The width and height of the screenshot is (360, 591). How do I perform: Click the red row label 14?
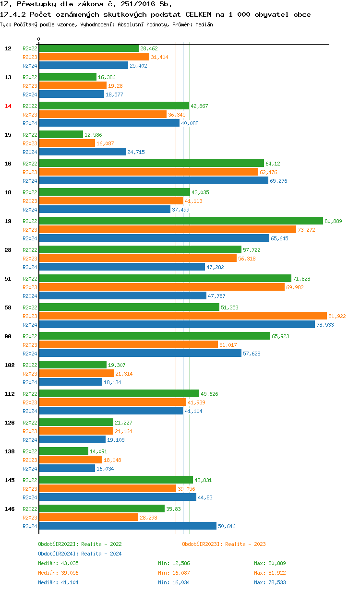(8, 106)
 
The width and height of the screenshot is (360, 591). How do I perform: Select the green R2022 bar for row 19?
(181, 221)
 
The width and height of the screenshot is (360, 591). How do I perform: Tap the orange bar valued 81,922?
(183, 316)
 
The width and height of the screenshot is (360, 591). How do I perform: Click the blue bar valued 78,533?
(177, 324)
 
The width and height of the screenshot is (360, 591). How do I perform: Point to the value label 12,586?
(93, 135)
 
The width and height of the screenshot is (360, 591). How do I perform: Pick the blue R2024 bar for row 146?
(128, 526)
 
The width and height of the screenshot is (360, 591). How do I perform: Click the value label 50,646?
(227, 526)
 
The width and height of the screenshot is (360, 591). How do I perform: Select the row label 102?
(10, 365)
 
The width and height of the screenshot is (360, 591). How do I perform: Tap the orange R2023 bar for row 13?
(72, 85)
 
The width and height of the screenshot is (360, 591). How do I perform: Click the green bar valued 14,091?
(64, 451)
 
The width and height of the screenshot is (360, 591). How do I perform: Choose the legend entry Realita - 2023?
(224, 544)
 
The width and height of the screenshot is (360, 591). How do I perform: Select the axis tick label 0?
(39, 39)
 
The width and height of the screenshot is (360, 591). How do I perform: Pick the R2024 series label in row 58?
(30, 325)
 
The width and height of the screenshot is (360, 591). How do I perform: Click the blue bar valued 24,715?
(82, 152)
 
